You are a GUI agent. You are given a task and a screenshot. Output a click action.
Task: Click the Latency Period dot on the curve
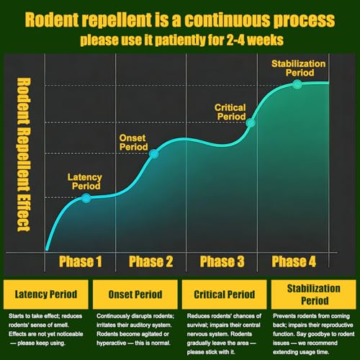coord(86,198)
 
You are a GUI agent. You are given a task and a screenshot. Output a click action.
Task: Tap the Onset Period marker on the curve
coord(153,154)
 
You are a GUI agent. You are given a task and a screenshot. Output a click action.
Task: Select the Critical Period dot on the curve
coord(251,123)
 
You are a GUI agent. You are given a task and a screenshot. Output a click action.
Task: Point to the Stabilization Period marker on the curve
coord(297,84)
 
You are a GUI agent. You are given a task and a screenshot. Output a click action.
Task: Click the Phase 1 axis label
coord(81,261)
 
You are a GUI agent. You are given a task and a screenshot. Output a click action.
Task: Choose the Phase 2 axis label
coord(150,261)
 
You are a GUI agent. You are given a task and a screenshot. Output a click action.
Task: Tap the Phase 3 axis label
coord(222,261)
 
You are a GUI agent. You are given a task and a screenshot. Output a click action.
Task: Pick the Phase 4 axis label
coord(294,261)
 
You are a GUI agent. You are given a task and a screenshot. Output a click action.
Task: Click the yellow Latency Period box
coord(46,294)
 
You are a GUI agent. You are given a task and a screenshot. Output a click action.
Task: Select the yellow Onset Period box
coord(135,294)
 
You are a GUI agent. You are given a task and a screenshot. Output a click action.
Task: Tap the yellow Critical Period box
coord(225,294)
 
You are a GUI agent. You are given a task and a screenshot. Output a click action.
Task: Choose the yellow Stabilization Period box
coord(314,294)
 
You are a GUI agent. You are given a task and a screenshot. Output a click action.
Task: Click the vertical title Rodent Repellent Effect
coord(24,155)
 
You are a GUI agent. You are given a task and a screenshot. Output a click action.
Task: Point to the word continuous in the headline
coord(227,19)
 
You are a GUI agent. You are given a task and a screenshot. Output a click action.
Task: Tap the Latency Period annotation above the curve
coord(85,181)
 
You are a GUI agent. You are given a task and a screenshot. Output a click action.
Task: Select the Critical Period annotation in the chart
coord(230,112)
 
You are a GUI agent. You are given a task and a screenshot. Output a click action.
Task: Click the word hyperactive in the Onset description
coord(111,343)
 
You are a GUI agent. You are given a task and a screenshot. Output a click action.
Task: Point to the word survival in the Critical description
coord(197,325)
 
